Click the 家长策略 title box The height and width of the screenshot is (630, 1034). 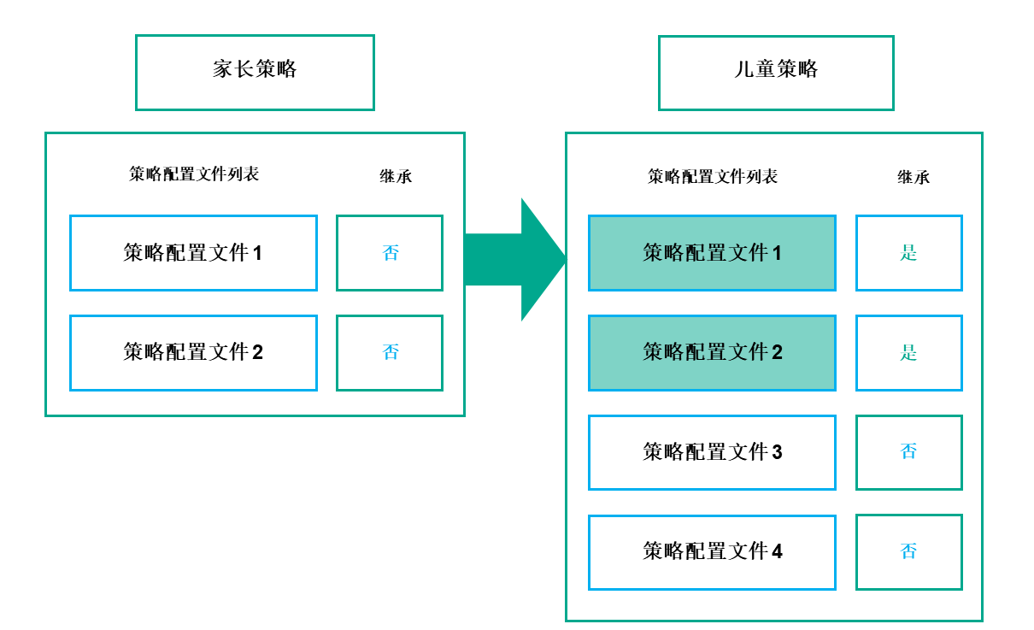point(255,72)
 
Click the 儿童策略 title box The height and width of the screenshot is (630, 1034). point(776,72)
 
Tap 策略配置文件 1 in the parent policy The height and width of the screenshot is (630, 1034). point(193,253)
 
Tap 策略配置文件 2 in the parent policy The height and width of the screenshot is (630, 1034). point(193,352)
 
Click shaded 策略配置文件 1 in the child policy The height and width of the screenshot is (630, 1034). point(712,253)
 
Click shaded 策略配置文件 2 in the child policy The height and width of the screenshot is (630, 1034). point(712,352)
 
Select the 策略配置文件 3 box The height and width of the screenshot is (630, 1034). point(712,452)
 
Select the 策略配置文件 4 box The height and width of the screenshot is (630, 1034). point(712,551)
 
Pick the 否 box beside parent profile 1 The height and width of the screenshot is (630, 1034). point(390,253)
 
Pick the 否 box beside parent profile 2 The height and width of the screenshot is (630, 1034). point(390,352)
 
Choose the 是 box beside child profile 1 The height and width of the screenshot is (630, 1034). point(908,253)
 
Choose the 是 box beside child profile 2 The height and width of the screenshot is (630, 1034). point(908,352)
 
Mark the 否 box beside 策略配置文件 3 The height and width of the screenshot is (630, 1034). point(908,452)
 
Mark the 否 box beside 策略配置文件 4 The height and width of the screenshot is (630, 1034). point(908,551)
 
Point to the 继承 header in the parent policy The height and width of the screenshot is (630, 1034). point(396,176)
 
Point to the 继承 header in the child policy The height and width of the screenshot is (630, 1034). point(914,177)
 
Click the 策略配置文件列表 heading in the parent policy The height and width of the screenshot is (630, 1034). point(194,174)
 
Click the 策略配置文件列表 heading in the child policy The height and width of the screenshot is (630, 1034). point(713,177)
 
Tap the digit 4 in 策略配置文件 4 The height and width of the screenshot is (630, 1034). point(777,552)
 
